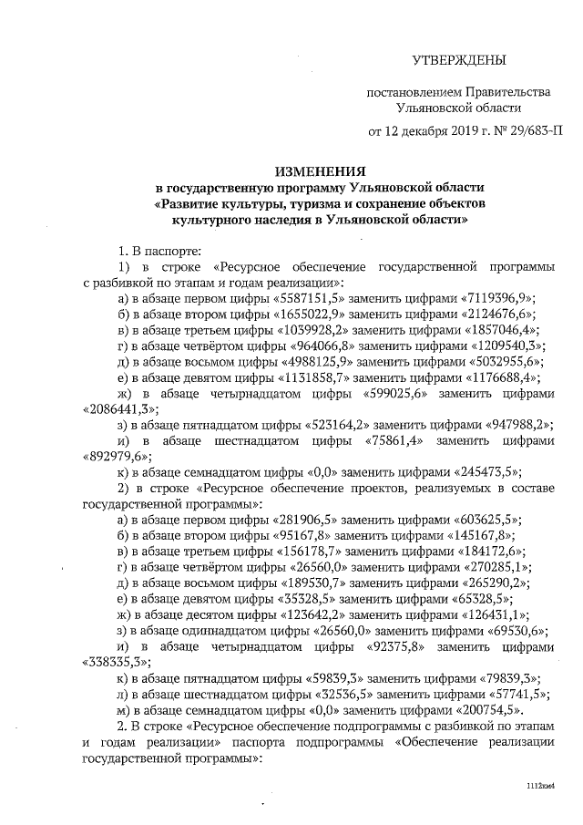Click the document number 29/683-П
pyautogui.click(x=530, y=129)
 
